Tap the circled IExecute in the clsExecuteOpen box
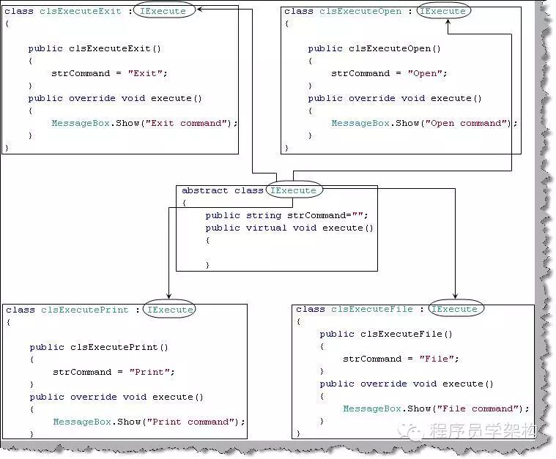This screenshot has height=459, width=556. (x=442, y=11)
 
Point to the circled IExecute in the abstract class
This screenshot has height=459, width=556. (x=293, y=190)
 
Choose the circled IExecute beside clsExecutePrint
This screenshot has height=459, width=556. (x=170, y=310)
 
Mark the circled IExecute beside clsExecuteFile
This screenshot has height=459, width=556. (x=454, y=309)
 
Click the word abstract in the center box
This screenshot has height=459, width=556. (x=205, y=190)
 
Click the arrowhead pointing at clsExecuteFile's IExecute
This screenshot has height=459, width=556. (x=455, y=295)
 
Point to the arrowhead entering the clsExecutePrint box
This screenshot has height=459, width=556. (x=169, y=296)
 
